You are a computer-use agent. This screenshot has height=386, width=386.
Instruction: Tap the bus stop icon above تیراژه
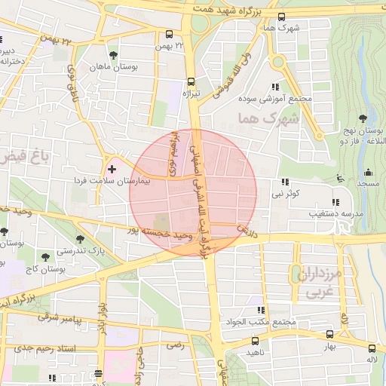(x=191, y=81)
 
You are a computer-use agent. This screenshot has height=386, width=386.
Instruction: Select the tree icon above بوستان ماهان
(x=114, y=55)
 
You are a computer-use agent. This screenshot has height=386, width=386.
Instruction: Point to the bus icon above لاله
(x=372, y=348)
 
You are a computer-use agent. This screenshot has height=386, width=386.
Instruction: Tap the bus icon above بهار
(x=329, y=334)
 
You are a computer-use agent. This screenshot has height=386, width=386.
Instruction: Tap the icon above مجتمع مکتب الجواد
(x=259, y=310)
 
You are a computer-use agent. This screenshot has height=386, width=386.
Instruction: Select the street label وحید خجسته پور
(x=157, y=235)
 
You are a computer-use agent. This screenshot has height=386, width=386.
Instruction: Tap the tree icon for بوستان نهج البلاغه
(x=363, y=118)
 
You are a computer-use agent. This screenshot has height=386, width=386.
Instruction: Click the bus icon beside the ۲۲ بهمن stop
(x=170, y=34)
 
